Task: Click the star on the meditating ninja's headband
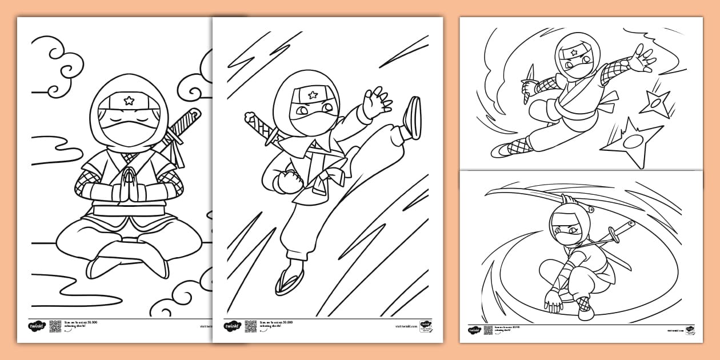(129, 101)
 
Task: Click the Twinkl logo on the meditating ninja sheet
(36, 326)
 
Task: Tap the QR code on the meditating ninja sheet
(55, 326)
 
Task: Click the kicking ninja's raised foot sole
(413, 117)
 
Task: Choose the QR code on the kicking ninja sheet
(250, 326)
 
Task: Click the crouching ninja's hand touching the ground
(553, 298)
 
